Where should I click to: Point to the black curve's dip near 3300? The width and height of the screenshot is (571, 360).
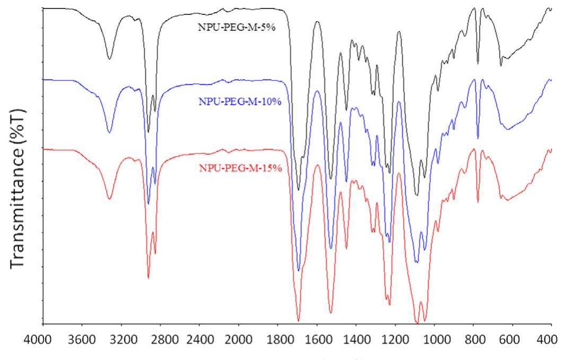pyautogui.click(x=109, y=59)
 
